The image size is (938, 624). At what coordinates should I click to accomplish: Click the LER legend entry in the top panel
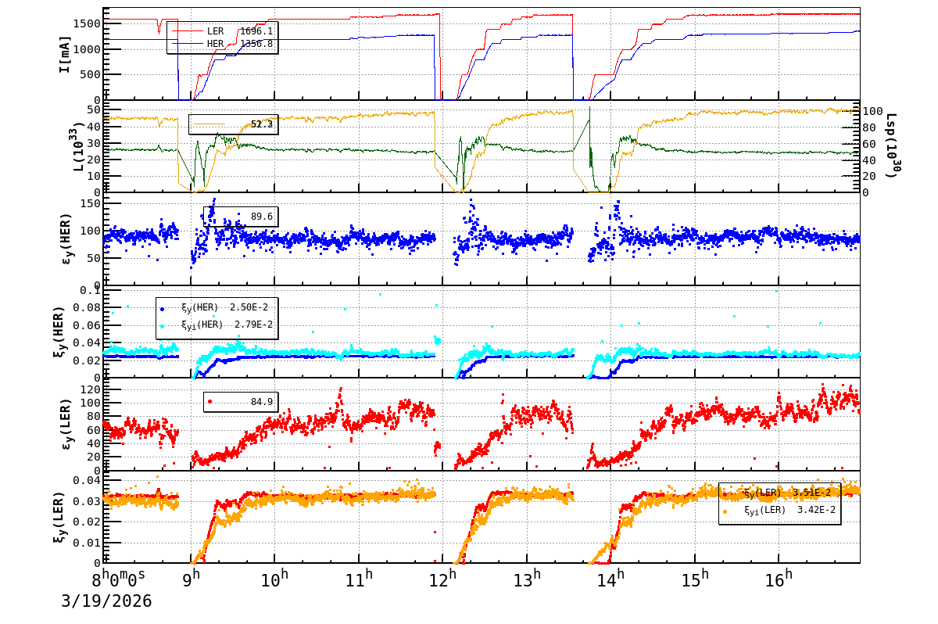[215, 31]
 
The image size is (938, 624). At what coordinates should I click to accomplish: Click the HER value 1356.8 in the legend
[256, 44]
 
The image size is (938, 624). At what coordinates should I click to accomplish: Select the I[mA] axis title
[65, 53]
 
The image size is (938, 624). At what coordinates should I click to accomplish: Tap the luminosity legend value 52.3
[261, 124]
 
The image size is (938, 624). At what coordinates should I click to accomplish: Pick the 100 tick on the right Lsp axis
[871, 111]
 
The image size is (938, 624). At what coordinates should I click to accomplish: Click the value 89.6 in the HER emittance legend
[261, 217]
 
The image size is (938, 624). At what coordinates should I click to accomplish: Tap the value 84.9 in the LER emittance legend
[261, 402]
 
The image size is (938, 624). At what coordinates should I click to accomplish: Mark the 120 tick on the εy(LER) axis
[90, 389]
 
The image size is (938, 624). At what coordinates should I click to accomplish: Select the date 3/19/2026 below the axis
[106, 601]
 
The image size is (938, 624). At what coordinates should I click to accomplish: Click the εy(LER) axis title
[66, 425]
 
